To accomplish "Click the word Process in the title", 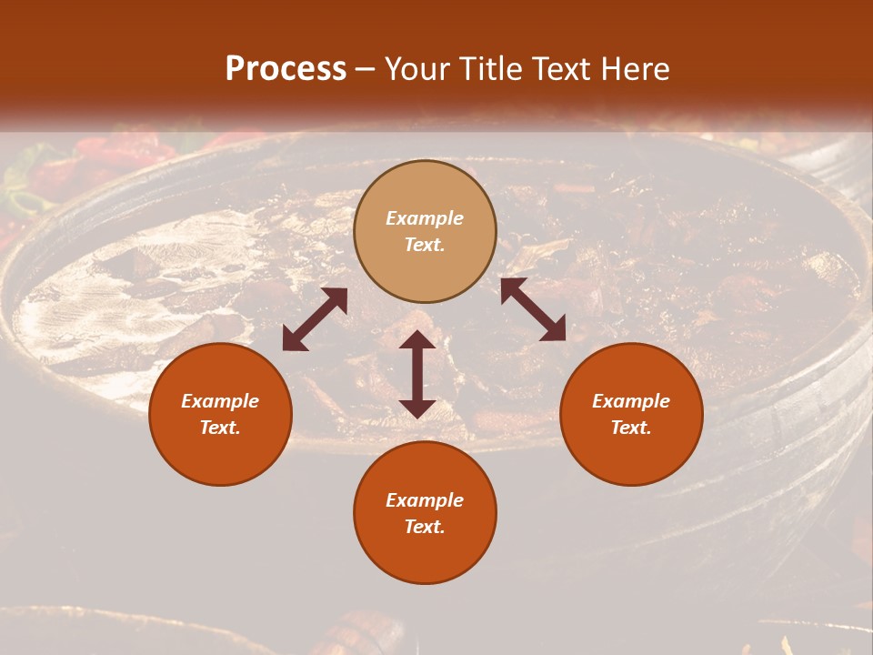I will coord(286,68).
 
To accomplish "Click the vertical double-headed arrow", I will coord(417,374).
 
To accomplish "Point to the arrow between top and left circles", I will coord(315,319).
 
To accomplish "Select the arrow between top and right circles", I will coord(533,309).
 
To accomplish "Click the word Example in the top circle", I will coord(425,218).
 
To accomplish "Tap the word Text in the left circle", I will coord(220,428).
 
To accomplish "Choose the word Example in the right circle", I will coord(631,401).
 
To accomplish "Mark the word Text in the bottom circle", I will coord(425,527).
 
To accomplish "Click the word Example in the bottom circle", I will coord(425,500).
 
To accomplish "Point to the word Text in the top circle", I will coord(425,245).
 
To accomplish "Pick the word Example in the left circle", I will coord(220,401).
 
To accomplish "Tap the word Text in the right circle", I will coord(631,428).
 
